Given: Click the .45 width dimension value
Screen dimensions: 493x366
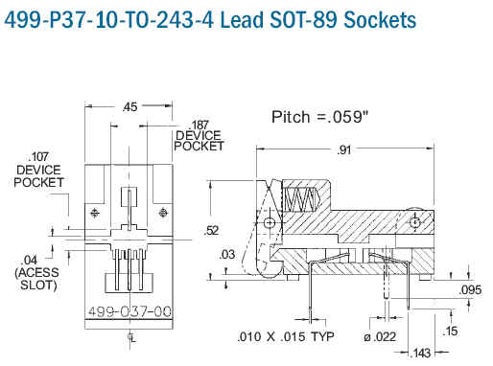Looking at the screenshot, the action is [129, 107].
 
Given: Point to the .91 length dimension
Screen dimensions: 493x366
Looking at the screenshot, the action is [344, 149].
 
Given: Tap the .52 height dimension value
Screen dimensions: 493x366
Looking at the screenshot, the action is [211, 230].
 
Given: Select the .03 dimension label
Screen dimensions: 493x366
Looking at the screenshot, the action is [227, 255].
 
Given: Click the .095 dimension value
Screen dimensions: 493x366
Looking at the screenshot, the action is [470, 290].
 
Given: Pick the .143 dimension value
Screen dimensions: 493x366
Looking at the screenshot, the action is [420, 353].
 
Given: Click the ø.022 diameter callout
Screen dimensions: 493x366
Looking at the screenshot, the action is [380, 336].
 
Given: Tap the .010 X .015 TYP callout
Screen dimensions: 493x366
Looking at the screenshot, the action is [286, 336].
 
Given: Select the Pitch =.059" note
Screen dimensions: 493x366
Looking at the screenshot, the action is [319, 117].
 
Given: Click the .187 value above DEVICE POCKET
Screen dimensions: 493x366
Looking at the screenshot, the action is [199, 125].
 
